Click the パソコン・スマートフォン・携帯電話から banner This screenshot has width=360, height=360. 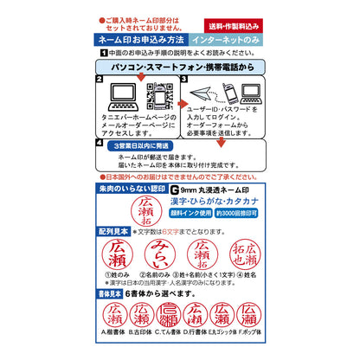tap(179, 66)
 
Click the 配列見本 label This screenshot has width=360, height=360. tap(115, 232)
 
